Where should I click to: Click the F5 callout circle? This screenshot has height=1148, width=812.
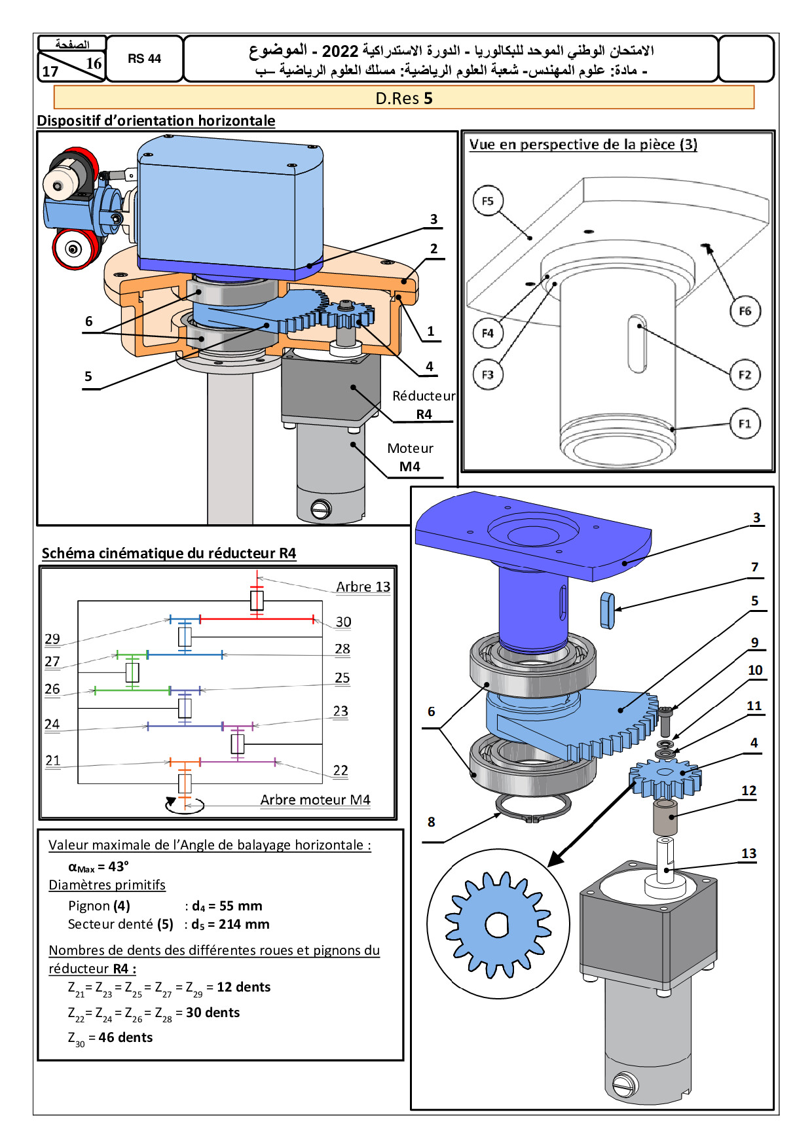click(x=488, y=201)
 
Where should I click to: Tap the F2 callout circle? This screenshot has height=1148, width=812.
click(x=745, y=375)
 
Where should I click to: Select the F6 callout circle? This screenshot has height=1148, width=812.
click(x=745, y=311)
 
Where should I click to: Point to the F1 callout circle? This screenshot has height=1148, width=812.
click(x=745, y=423)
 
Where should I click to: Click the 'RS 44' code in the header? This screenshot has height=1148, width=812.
click(x=144, y=59)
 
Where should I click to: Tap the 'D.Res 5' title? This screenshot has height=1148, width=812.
click(x=404, y=98)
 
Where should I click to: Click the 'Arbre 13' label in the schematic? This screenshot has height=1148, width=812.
click(x=363, y=587)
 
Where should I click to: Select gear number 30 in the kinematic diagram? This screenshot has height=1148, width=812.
click(x=343, y=622)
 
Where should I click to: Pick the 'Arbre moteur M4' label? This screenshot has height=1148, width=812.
click(x=315, y=800)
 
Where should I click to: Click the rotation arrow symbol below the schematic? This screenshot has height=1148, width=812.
click(x=185, y=804)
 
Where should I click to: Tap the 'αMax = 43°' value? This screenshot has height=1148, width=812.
click(x=98, y=867)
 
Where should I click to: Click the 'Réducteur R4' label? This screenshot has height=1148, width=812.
click(x=424, y=405)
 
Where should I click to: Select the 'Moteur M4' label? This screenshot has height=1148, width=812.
click(x=410, y=457)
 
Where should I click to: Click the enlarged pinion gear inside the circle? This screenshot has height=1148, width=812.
click(x=497, y=925)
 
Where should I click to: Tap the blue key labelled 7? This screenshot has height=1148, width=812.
click(x=607, y=610)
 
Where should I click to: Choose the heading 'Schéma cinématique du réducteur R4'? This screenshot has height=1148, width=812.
click(x=169, y=554)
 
